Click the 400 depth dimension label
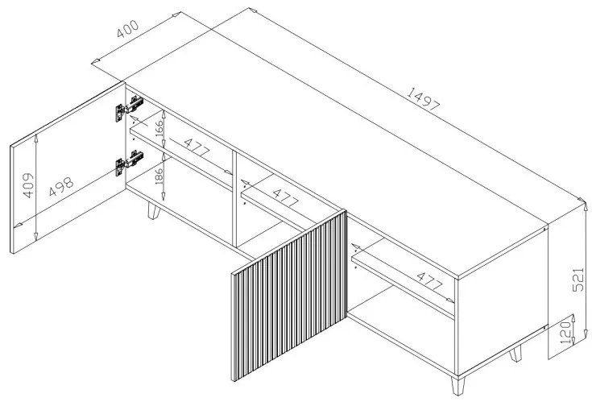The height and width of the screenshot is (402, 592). (x=127, y=29)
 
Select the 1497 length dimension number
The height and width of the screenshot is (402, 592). (x=423, y=99)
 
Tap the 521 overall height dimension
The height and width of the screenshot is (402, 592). (x=578, y=280)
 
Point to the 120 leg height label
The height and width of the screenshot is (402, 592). (x=565, y=333)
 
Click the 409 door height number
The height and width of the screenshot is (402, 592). (x=28, y=185)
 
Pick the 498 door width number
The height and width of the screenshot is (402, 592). (x=61, y=187)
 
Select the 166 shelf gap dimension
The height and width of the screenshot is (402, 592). (x=159, y=128)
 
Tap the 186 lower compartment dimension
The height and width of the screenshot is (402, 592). (x=159, y=176)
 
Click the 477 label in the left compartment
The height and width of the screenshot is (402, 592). (x=197, y=148)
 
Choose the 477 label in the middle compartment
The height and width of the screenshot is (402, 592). (x=285, y=198)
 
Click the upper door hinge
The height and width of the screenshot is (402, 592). (x=130, y=108)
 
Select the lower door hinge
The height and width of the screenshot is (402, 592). (x=130, y=162)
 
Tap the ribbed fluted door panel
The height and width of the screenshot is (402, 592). (x=289, y=296)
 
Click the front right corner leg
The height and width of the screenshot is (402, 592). (x=457, y=385)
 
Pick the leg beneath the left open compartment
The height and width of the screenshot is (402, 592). (x=153, y=210)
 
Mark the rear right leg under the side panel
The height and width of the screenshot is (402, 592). (x=515, y=354)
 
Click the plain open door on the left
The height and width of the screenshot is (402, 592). (x=68, y=168)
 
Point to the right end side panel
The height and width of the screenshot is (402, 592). (x=502, y=302)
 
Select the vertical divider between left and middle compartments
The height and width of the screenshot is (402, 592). (x=234, y=199)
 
